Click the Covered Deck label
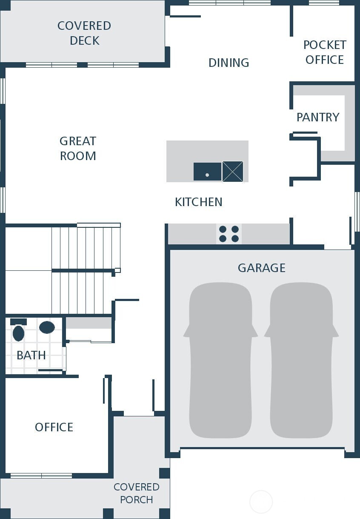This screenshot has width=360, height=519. tap(84, 33)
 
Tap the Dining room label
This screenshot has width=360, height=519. tap(229, 63)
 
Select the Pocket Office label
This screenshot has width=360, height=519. tap(324, 52)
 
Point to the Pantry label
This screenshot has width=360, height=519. tap(318, 117)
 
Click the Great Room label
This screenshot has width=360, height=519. tap(78, 148)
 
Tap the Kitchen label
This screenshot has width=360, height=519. tap(198, 202)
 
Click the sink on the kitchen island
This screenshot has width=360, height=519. tap(207, 172)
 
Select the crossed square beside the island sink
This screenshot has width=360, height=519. tap(233, 172)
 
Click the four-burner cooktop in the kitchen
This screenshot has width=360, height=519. tap(229, 234)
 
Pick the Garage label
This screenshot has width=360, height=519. tap(261, 268)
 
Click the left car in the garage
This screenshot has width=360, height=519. tap(220, 360)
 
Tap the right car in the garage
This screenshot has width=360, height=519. tap(301, 360)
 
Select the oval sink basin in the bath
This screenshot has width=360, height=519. tap(47, 327)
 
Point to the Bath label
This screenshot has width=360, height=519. tap(31, 355)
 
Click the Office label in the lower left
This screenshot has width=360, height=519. tap(54, 427)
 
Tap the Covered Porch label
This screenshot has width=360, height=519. tap(136, 493)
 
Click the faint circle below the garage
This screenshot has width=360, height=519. tap(261, 502)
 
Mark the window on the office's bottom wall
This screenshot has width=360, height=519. tap(41, 476)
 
